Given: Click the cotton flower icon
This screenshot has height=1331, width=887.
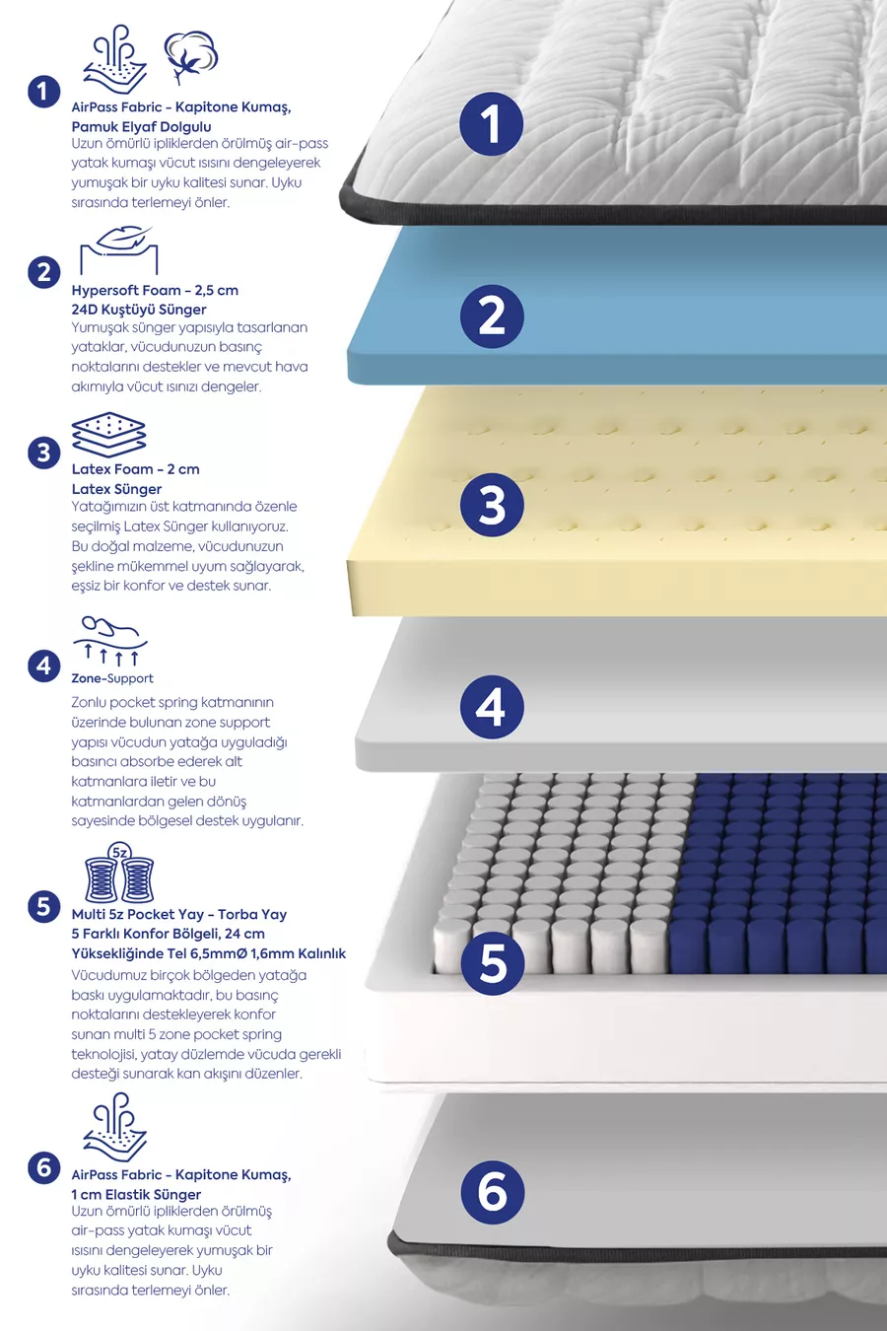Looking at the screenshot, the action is tap(191, 56).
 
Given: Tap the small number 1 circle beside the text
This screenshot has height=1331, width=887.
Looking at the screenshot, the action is tap(44, 92).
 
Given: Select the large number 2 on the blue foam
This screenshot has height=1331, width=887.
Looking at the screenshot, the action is tap(492, 316).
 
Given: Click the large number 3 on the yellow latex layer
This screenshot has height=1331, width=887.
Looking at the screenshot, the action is tap(492, 505).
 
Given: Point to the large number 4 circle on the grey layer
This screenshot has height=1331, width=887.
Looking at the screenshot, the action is tap(492, 707).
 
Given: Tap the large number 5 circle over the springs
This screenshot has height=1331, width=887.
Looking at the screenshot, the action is tap(493, 963).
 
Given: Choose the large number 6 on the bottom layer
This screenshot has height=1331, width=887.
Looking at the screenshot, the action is tap(493, 1193).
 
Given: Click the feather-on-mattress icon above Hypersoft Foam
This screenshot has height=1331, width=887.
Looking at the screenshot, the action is tap(119, 249).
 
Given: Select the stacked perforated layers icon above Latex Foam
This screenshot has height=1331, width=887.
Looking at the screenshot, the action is tap(108, 435).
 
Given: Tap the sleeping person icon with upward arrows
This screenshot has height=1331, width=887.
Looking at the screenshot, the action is tap(110, 641).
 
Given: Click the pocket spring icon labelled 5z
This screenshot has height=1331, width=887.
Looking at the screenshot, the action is tap(119, 872).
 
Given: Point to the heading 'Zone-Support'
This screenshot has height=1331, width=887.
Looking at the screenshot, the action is tap(112, 678).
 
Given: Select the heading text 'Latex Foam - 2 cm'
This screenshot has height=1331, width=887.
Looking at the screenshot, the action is tap(135, 469).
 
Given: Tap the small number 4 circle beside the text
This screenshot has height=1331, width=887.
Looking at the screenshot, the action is tap(44, 666).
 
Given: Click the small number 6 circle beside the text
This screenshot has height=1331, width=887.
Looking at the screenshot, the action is tap(44, 1167).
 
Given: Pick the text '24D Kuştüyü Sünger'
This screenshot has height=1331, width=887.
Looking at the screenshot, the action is tap(139, 310).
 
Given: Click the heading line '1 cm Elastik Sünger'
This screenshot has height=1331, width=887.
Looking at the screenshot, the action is tap(136, 1194).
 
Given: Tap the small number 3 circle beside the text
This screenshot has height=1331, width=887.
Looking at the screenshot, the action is tap(44, 453).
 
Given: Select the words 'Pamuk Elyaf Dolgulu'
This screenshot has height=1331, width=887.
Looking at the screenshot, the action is tap(141, 126).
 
